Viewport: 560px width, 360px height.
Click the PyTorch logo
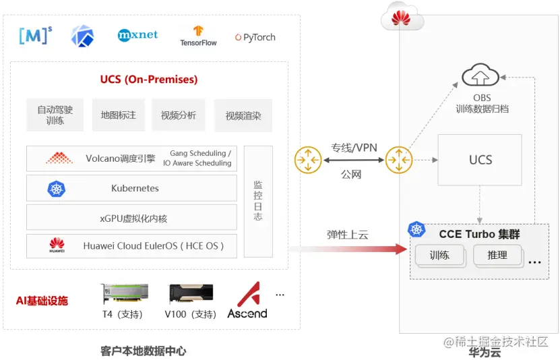[x=255, y=38]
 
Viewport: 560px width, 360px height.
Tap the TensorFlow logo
[x=198, y=36]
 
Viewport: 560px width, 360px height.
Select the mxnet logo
[x=137, y=34]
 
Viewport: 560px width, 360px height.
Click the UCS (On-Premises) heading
[x=149, y=80]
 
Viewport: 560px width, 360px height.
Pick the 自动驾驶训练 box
[x=55, y=115]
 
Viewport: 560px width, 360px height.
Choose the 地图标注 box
[x=119, y=115]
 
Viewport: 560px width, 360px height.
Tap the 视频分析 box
[x=178, y=115]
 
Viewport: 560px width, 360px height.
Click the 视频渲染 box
[x=243, y=116]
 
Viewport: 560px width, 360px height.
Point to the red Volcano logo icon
[x=59, y=158]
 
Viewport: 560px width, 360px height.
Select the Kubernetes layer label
[x=135, y=188]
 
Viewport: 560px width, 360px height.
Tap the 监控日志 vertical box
[x=258, y=201]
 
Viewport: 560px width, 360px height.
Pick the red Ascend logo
[x=247, y=299]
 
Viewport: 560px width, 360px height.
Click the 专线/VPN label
[x=354, y=147]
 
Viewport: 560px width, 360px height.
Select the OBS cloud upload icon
[x=480, y=76]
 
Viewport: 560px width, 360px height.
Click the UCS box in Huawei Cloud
[x=480, y=160]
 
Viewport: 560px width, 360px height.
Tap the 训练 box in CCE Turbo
[x=439, y=256]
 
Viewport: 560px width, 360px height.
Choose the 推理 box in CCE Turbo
[x=497, y=256]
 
